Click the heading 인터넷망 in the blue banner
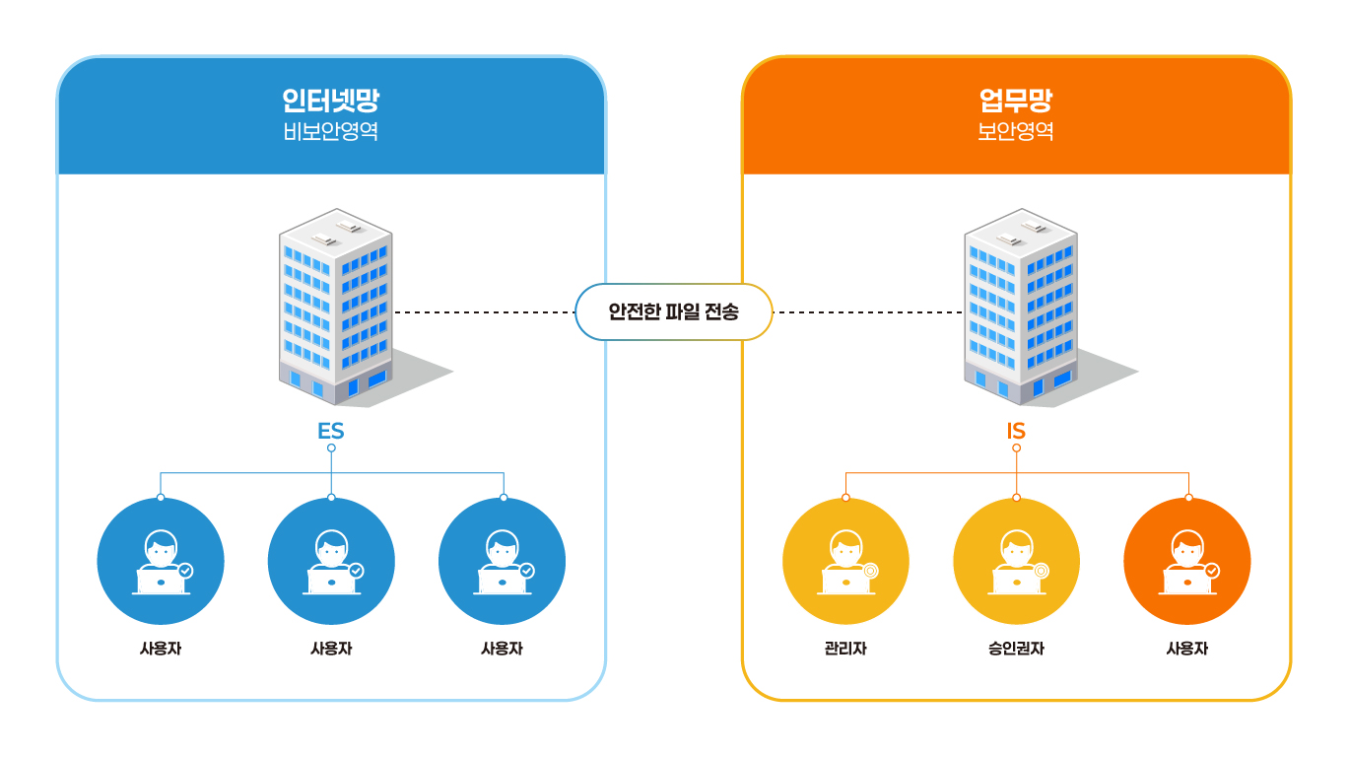tap(330, 101)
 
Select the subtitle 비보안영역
tap(330, 132)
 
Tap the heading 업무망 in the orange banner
tap(1015, 101)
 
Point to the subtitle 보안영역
tap(1015, 132)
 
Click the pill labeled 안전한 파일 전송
tap(673, 311)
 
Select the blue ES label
tap(330, 432)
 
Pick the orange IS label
tap(1016, 432)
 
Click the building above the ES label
tap(335, 306)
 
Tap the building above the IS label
tap(1020, 306)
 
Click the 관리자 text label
tap(845, 649)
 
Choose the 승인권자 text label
tap(1016, 649)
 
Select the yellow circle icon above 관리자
tap(845, 562)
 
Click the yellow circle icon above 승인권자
tap(1016, 562)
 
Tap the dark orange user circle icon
tap(1186, 562)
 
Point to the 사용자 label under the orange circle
tap(1186, 649)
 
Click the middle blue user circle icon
tap(331, 562)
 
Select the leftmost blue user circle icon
tap(161, 562)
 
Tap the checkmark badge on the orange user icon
tap(1212, 570)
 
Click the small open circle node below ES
tap(331, 448)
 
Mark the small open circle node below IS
tap(1016, 448)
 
